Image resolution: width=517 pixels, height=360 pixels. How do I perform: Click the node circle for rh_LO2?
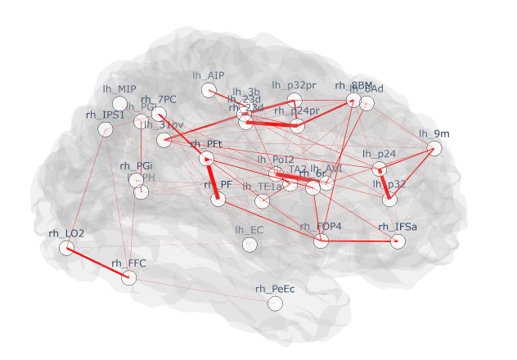click(66, 247)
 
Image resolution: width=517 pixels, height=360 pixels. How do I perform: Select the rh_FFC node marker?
click(128, 278)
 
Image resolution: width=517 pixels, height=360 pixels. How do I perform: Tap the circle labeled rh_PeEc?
click(275, 304)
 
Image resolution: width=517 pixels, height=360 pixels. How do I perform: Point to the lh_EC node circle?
click(250, 245)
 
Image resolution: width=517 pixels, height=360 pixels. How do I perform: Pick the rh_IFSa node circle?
click(398, 241)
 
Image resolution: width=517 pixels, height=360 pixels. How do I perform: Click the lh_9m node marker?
click(434, 148)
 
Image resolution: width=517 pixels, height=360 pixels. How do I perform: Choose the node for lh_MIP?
click(119, 104)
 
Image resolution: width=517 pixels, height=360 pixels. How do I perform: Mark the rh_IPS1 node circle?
click(105, 129)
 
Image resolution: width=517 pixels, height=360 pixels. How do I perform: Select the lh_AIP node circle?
click(208, 90)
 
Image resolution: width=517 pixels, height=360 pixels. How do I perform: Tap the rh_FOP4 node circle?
click(321, 241)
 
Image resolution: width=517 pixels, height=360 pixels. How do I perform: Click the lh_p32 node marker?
click(389, 199)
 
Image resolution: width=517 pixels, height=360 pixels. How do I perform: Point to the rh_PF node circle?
click(218, 199)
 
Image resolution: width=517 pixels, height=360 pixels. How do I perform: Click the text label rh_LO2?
click(66, 233)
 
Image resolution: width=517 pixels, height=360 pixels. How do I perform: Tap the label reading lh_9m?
click(434, 133)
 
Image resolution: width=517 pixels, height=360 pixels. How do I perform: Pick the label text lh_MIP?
click(119, 89)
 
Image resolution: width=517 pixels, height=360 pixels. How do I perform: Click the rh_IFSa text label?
click(398, 227)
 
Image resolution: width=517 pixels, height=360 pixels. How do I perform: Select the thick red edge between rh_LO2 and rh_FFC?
click(97, 263)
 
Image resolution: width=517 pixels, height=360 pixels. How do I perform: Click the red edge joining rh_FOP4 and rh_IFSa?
click(359, 241)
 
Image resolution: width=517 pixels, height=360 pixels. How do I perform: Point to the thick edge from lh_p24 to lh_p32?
click(384, 185)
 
